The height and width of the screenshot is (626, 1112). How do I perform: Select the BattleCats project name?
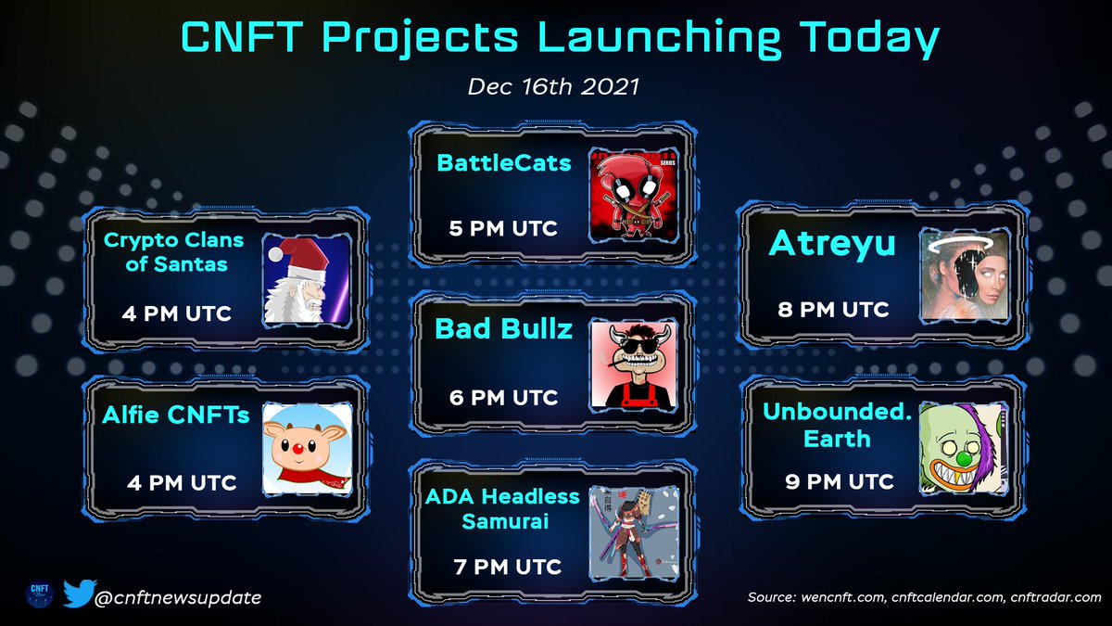504,164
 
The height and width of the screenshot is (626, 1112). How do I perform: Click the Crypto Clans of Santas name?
173,252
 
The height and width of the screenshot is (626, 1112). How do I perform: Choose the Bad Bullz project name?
504,328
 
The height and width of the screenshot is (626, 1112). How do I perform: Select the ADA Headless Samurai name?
502,509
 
